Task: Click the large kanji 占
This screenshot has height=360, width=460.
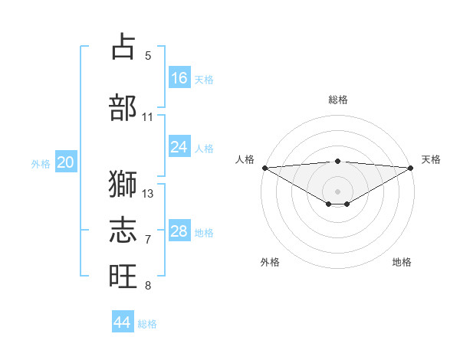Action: point(123,47)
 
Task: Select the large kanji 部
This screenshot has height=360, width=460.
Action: point(123,108)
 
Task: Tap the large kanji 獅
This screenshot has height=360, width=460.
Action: point(123,185)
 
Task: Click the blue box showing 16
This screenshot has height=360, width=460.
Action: point(179,78)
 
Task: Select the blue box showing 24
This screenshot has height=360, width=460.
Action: point(179,147)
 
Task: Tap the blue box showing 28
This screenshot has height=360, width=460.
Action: point(179,231)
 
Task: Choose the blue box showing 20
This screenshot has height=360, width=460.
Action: point(66,162)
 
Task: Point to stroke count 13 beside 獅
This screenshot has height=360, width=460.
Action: point(148,193)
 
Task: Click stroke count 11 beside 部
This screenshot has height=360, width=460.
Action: point(148,116)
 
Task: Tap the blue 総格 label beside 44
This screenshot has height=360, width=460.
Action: point(147,324)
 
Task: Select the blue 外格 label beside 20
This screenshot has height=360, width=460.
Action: point(41,163)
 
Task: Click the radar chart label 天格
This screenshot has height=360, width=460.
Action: point(431,159)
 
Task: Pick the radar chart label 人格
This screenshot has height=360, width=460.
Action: point(245,159)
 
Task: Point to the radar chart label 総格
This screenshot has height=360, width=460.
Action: point(337,100)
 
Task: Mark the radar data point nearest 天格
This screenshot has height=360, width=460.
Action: point(411,168)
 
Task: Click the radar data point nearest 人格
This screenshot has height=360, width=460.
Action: point(264,168)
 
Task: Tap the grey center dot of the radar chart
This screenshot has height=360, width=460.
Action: point(337,191)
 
